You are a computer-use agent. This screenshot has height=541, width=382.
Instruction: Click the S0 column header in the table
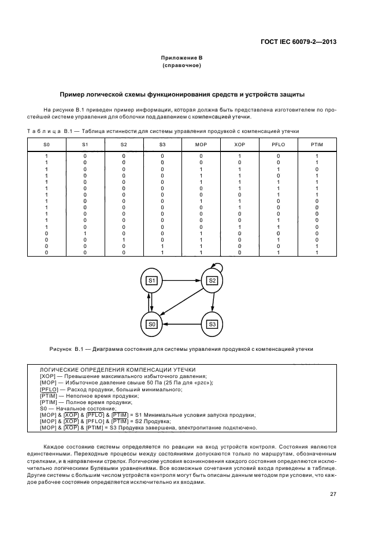pos(47,143)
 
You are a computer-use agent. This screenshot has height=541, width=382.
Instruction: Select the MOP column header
pos(201,143)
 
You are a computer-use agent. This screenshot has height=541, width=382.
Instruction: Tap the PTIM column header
pos(317,143)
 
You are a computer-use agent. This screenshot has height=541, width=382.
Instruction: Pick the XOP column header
pos(239,143)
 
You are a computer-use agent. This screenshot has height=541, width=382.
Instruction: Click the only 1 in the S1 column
pos(85,233)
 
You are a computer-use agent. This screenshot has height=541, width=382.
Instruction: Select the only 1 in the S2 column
pos(124,239)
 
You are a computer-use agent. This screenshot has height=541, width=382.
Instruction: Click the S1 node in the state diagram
pos(152,280)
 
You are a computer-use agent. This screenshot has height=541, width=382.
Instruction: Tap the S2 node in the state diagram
pos(212,280)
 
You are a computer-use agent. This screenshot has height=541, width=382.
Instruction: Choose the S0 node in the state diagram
pos(152,324)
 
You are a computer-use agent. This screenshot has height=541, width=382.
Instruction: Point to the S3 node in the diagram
pos(212,324)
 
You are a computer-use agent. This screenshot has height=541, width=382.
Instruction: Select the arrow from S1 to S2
pos(181,280)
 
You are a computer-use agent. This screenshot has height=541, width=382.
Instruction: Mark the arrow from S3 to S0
pos(181,324)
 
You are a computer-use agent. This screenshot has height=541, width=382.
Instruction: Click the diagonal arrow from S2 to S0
pos(183,302)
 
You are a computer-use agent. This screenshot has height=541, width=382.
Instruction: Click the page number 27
pos(333,494)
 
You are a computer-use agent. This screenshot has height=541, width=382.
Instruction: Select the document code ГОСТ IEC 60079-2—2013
pos(296,42)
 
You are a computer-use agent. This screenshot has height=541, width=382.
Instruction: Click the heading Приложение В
pos(181,58)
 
